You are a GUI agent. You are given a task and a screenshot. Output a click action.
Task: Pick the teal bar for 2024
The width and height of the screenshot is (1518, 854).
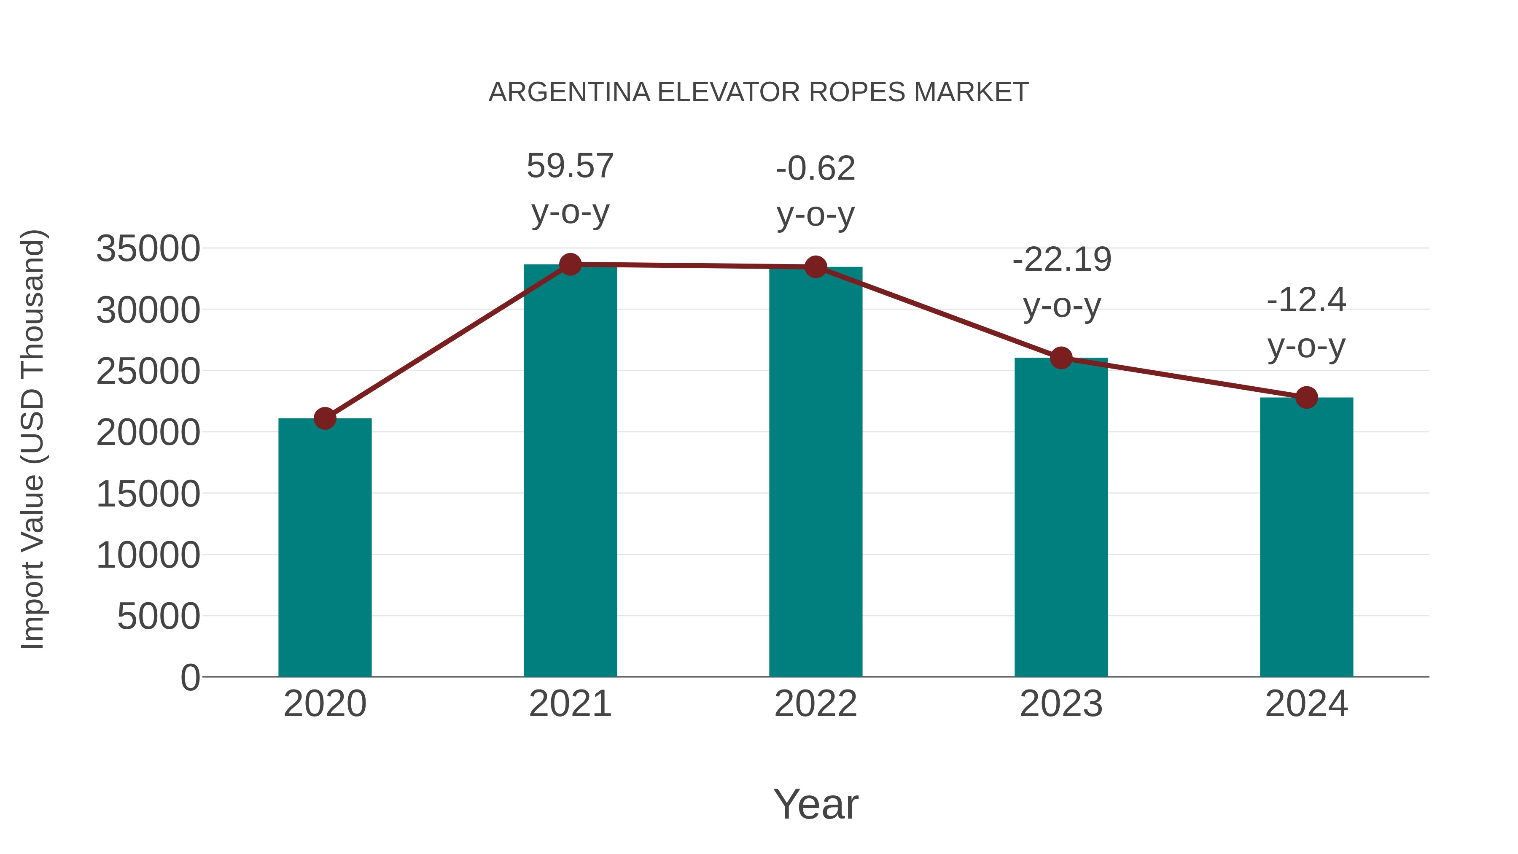(x=1306, y=537)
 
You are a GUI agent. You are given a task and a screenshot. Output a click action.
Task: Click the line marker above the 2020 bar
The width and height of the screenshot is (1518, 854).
(x=325, y=418)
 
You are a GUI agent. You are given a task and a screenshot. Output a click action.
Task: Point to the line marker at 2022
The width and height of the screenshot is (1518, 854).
(x=816, y=267)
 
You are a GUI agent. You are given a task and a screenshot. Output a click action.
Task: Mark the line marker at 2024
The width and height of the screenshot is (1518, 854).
(x=1306, y=398)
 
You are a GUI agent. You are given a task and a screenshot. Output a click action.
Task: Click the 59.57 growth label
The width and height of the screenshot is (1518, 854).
(x=570, y=166)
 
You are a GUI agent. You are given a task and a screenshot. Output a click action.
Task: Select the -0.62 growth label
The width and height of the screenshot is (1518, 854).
(x=816, y=169)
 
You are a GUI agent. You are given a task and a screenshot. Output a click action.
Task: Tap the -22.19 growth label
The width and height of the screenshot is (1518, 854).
(x=1061, y=260)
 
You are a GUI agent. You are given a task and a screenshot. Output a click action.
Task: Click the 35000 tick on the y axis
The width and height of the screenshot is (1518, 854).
(x=148, y=249)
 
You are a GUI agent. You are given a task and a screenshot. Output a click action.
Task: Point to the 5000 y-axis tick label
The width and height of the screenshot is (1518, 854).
(x=159, y=617)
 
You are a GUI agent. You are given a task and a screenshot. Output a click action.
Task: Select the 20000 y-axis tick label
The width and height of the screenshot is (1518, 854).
(x=148, y=433)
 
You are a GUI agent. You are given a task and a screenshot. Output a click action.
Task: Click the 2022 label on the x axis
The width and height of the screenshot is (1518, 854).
(x=816, y=704)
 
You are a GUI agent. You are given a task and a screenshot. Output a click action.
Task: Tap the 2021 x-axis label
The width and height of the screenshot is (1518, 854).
(x=570, y=704)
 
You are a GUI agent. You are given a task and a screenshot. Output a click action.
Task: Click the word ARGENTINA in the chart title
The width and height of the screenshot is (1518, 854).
(x=569, y=92)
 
